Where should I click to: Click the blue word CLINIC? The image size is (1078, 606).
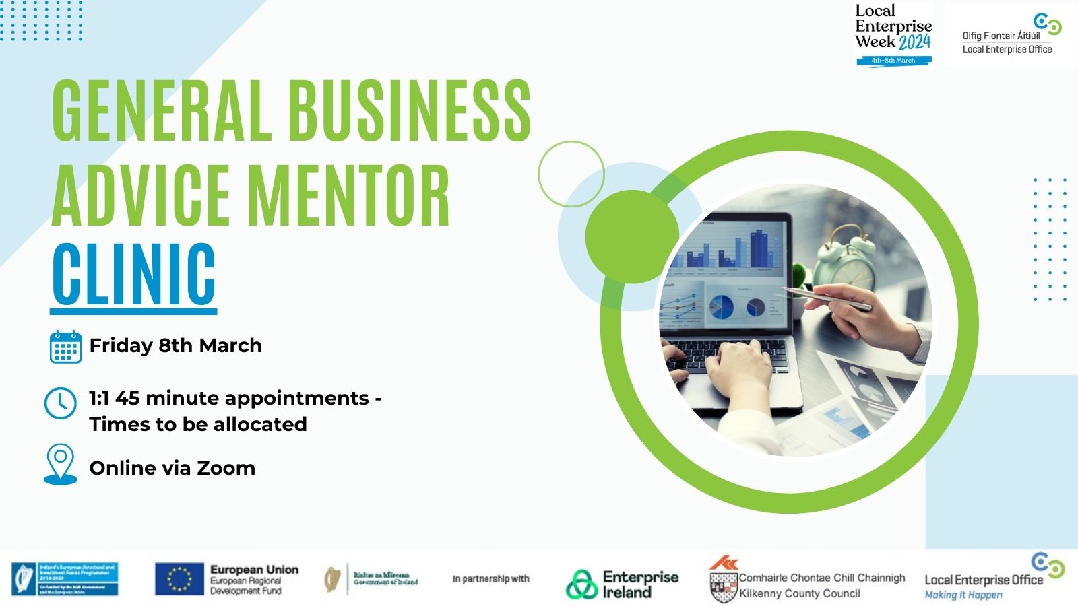point(133,275)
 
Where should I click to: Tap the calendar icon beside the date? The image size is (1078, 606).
point(65,347)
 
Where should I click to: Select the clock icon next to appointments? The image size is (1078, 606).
point(61,403)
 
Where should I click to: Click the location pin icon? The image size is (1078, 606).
point(60,464)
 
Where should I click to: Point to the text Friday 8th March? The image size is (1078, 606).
point(175,345)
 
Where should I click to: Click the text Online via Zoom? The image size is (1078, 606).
point(172,468)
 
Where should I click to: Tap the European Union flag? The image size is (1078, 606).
point(179,579)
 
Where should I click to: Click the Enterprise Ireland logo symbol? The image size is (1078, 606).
point(581,584)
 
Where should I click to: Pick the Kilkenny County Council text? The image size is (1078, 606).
point(799,593)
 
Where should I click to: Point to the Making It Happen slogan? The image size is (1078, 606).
point(963,595)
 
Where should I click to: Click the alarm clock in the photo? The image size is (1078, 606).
point(845,260)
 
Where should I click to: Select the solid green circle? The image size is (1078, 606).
point(632,236)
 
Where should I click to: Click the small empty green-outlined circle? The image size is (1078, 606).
point(571,174)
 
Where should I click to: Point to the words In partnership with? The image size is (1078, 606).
point(490,579)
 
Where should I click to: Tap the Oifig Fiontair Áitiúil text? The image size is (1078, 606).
point(1001,36)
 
